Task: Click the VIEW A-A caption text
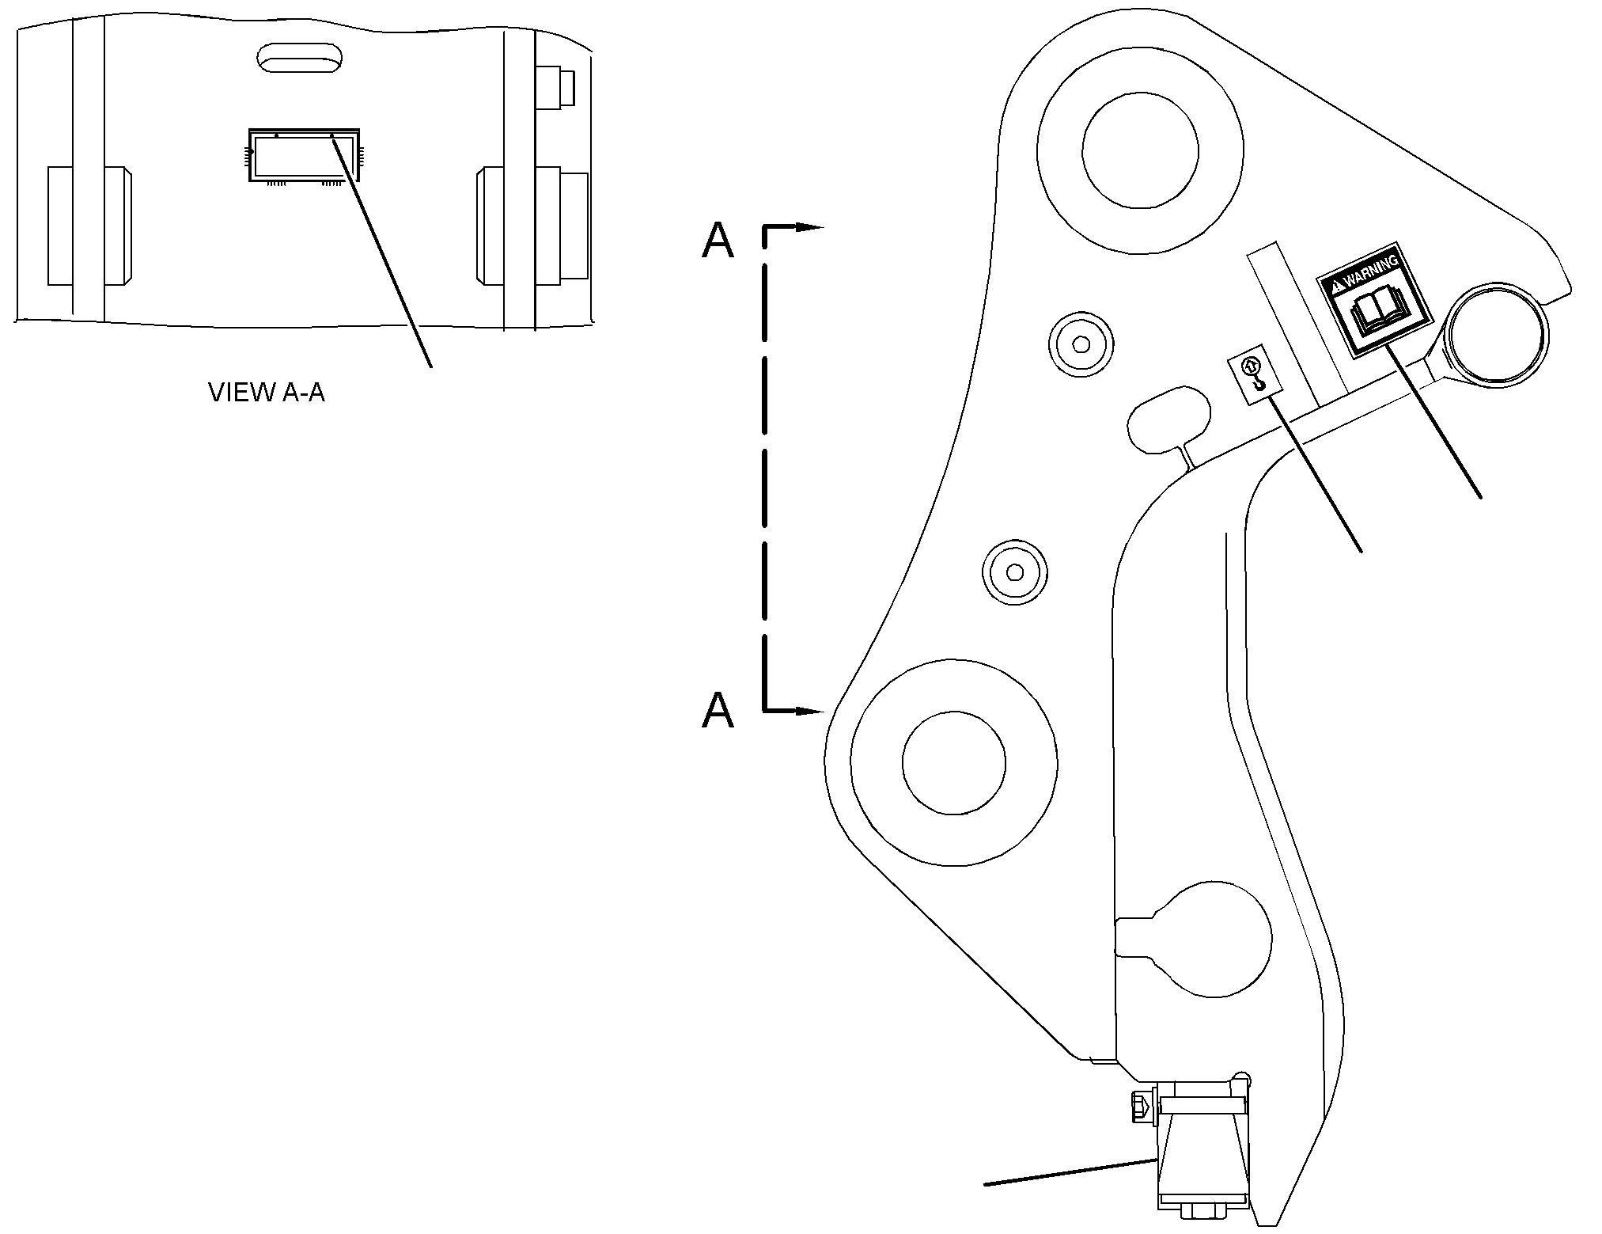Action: [x=267, y=392]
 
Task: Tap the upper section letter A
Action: [x=718, y=240]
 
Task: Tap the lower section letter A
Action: [x=718, y=709]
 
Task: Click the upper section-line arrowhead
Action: [x=809, y=228]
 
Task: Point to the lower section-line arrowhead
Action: [x=809, y=712]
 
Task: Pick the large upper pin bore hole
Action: [x=1140, y=150]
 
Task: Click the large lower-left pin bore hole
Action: [x=953, y=763]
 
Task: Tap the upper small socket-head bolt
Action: [x=1080, y=344]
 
